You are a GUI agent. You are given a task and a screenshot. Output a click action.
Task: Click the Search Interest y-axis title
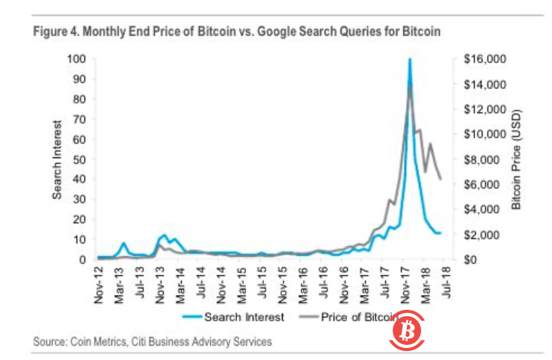point(58,159)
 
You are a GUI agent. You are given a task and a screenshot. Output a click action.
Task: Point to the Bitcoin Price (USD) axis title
point(515,159)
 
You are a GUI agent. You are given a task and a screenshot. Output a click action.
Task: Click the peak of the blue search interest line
point(410,59)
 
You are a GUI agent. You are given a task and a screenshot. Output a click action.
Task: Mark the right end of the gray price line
point(441,179)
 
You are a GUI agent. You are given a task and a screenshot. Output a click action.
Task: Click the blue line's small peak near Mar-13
point(124,243)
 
